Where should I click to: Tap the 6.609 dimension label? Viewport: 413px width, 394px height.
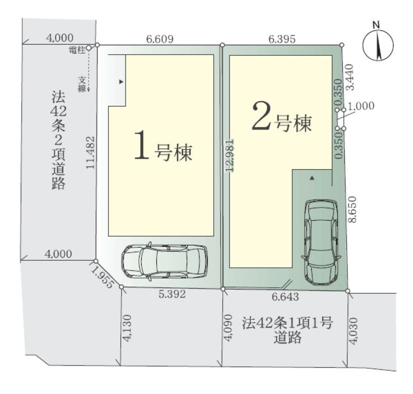tap(160, 39)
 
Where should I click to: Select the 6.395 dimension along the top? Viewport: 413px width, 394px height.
tap(282, 39)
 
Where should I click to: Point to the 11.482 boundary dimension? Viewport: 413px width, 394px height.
tap(90, 152)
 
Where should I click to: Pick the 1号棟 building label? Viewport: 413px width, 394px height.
tap(163, 146)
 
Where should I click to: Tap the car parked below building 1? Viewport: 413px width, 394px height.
tap(165, 261)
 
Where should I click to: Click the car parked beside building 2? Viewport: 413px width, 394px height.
tap(321, 242)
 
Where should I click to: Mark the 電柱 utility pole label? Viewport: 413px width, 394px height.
tap(77, 50)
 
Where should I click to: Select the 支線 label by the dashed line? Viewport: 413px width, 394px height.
tap(82, 84)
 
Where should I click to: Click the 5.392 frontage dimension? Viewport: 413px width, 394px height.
tap(172, 294)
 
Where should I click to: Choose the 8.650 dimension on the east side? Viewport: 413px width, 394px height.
tap(352, 210)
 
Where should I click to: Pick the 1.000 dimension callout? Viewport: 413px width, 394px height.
tap(361, 106)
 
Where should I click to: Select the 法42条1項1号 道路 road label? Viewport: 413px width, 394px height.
tap(287, 330)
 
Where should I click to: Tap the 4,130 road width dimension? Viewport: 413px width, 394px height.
tap(127, 328)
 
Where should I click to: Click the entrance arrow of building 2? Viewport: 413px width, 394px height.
tap(312, 178)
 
